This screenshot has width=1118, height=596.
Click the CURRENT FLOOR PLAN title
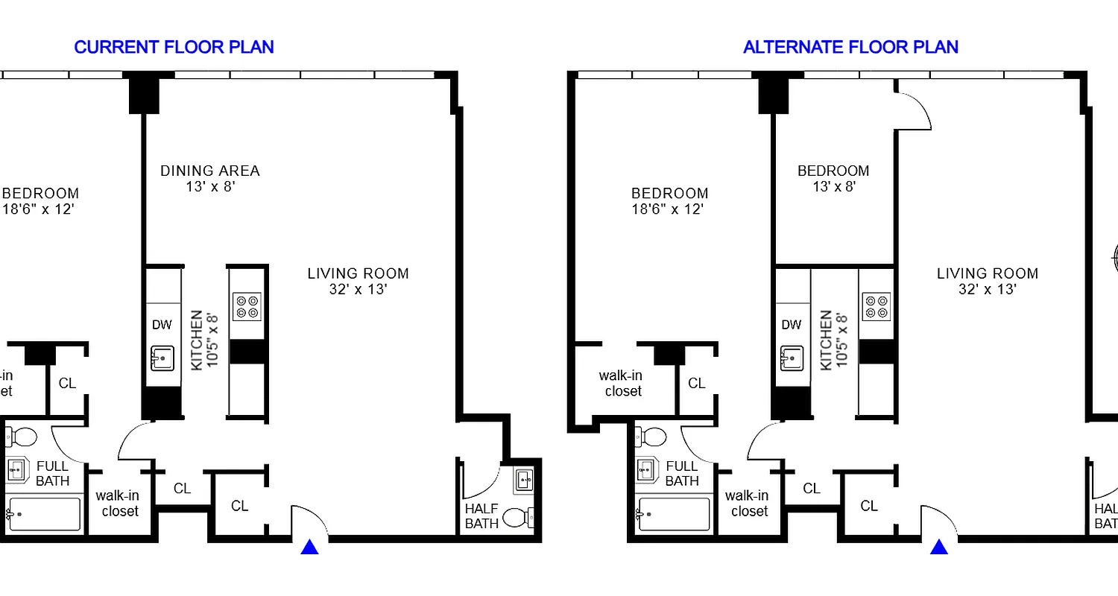(174, 47)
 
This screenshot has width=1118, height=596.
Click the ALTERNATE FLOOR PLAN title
(850, 47)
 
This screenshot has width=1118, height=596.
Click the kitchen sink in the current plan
(162, 358)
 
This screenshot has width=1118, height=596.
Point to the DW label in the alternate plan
(792, 325)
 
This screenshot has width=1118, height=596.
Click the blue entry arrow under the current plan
(309, 547)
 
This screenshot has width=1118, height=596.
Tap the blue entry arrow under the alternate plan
(939, 547)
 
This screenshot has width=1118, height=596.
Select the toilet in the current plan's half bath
(517, 516)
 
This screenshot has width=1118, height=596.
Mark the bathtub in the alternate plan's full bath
(675, 514)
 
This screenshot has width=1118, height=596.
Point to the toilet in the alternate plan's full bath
(654, 436)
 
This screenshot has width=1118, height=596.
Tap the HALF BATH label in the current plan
(481, 516)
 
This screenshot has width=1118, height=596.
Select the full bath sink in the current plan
(17, 470)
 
